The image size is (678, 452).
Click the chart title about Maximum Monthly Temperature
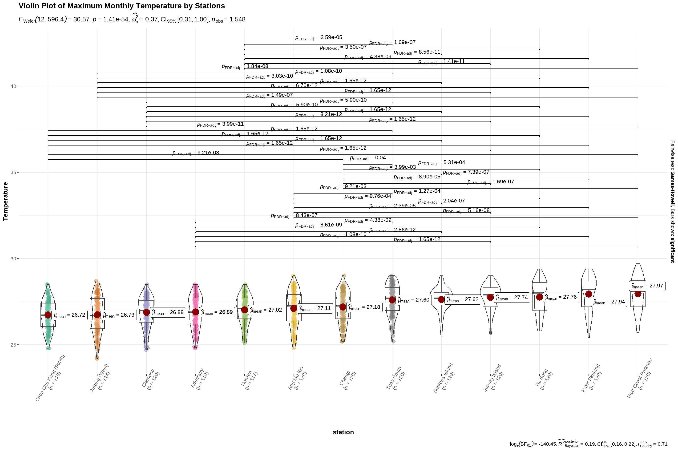point(122,6)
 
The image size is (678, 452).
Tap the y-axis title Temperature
point(5,202)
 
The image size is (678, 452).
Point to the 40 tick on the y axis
point(13,86)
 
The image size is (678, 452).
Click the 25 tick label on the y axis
point(13,345)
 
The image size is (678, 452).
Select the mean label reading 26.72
point(69,315)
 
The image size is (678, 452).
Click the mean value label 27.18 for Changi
point(364,307)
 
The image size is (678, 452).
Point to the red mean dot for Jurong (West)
point(97,315)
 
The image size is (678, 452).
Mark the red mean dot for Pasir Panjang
point(589,294)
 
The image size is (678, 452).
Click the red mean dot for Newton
point(244,310)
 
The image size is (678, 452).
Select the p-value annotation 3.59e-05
point(319,37)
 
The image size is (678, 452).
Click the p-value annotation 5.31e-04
point(441,163)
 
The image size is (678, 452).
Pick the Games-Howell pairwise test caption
point(672,202)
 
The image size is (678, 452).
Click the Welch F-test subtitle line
point(132,20)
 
